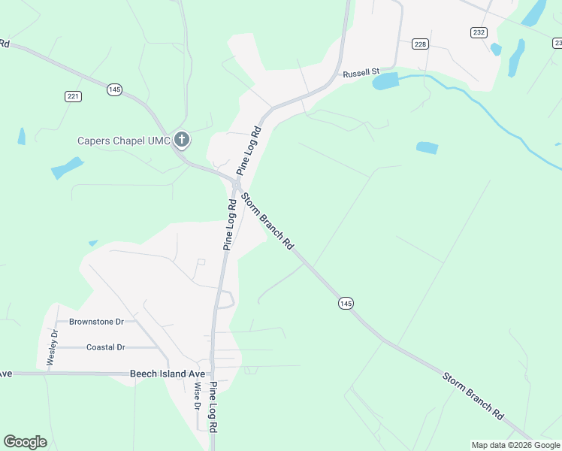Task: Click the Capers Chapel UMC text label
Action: (x=124, y=141)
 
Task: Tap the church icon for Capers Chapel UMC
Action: (x=181, y=139)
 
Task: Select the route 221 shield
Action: (x=73, y=96)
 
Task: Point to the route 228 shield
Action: (x=420, y=44)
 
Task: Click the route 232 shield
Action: (x=479, y=32)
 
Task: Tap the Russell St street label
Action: (x=358, y=74)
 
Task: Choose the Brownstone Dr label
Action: (x=96, y=322)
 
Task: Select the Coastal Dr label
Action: (x=106, y=347)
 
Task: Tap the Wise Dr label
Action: (x=198, y=395)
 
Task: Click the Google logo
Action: (x=25, y=442)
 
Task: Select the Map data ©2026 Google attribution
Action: (x=515, y=445)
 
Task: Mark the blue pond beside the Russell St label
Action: (x=385, y=81)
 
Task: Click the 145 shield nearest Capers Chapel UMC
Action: (x=114, y=89)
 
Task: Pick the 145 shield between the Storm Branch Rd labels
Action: (x=345, y=303)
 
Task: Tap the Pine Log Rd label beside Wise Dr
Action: (x=213, y=406)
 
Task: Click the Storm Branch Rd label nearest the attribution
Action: (x=473, y=395)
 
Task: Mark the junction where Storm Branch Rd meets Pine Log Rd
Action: (x=236, y=184)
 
